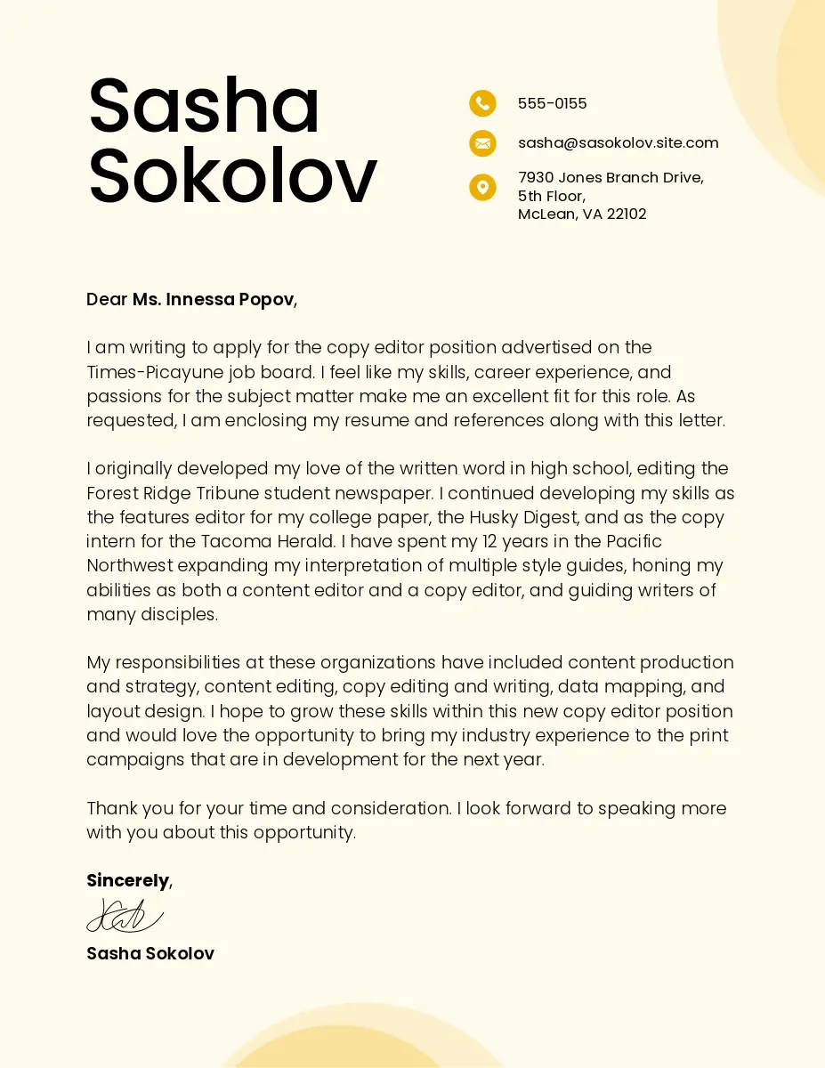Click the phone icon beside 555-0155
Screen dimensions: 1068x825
click(482, 103)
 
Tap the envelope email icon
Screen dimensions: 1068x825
click(482, 142)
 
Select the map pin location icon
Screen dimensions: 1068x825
click(482, 187)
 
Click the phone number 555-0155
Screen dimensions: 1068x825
click(552, 103)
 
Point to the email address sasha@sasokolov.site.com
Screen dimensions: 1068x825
click(618, 142)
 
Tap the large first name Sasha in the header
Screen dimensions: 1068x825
click(204, 106)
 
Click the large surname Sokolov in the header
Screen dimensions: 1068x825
click(232, 175)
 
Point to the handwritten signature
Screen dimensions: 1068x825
click(125, 916)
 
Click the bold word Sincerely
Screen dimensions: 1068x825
click(127, 880)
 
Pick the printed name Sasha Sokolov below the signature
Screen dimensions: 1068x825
click(150, 953)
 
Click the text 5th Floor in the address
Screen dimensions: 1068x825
click(551, 196)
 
